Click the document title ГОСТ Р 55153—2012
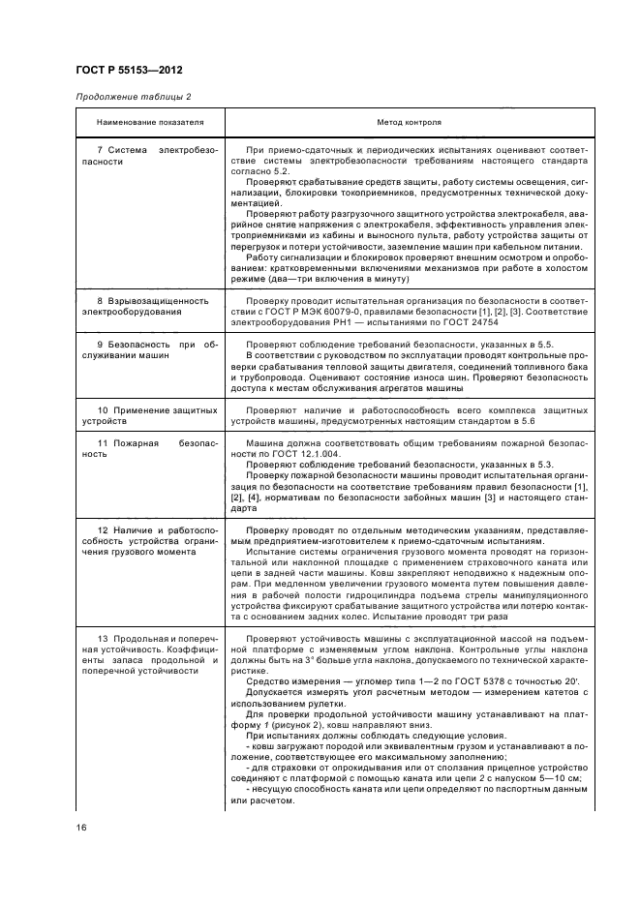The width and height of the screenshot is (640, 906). pyautogui.click(x=129, y=71)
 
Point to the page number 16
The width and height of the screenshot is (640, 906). pyautogui.click(x=81, y=826)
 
